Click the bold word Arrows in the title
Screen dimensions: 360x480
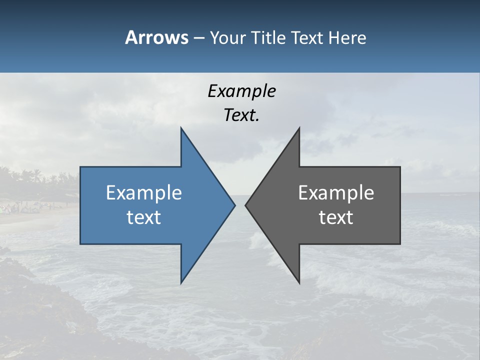point(156,37)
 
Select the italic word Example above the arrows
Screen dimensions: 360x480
point(241,91)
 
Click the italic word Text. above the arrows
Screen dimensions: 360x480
point(241,115)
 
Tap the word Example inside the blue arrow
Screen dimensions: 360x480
point(144,192)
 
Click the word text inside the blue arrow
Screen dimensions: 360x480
point(144,217)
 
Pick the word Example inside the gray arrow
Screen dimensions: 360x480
point(336,192)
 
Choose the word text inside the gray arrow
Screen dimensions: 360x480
point(336,217)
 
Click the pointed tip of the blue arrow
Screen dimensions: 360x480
point(234,205)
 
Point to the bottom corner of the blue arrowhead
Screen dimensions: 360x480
point(181,282)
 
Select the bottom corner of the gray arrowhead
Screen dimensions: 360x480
point(299,282)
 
